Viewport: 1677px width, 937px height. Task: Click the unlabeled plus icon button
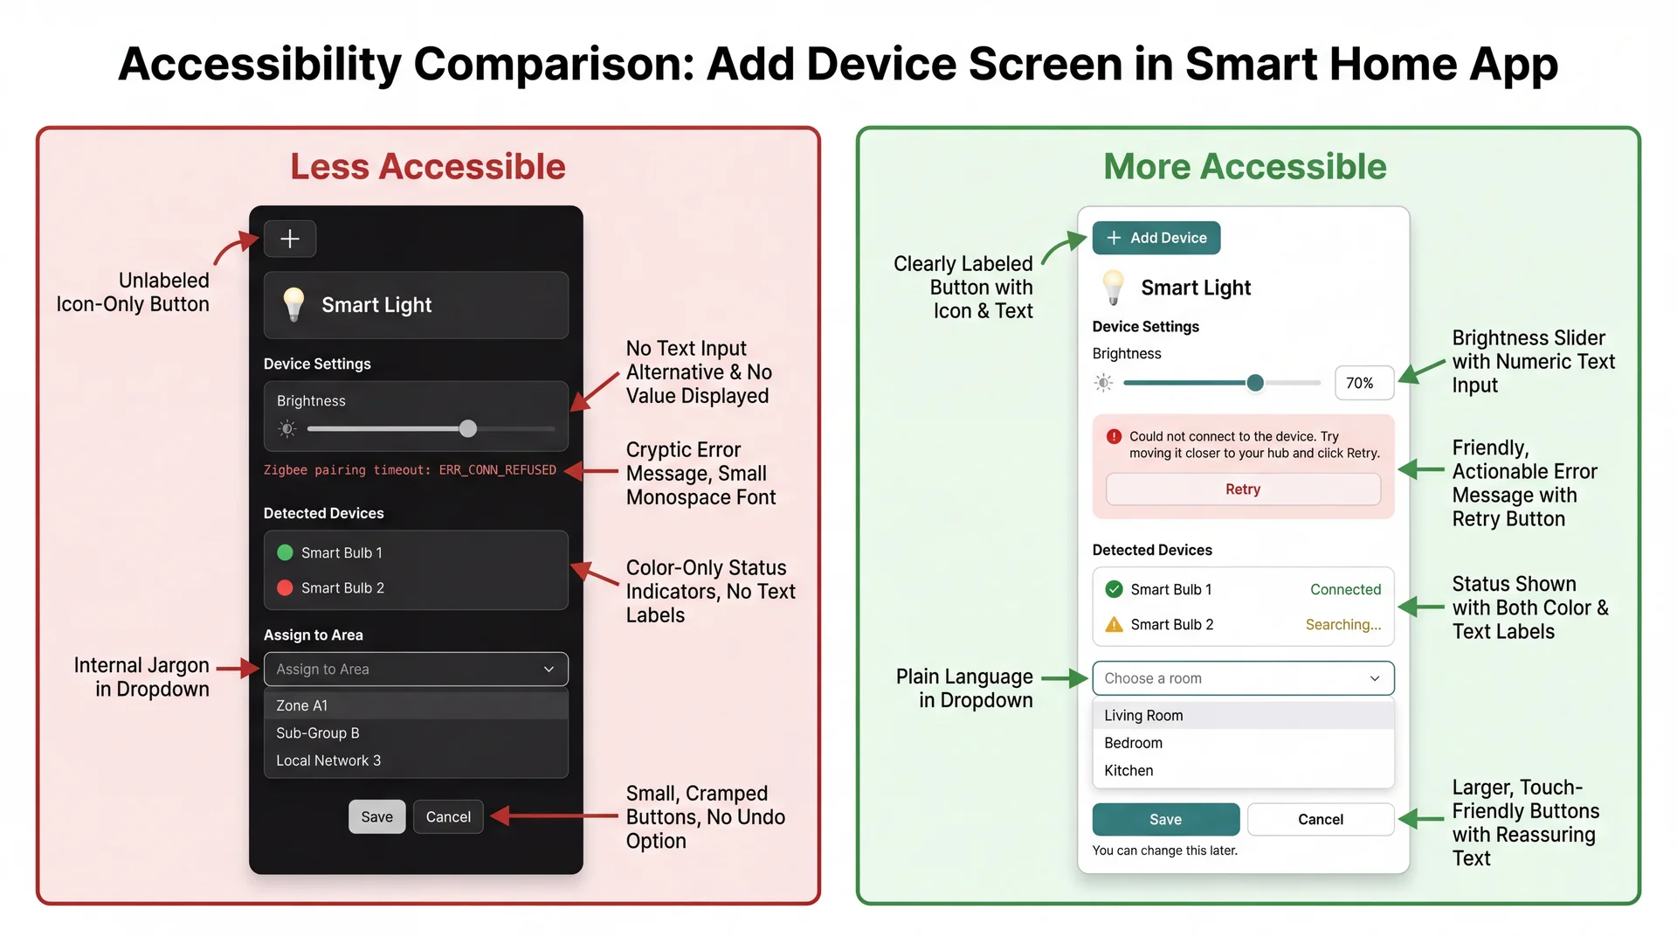point(289,239)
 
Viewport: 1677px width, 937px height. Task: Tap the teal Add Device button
point(1156,238)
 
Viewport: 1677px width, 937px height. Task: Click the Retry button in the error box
point(1243,489)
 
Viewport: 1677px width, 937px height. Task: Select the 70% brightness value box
point(1363,383)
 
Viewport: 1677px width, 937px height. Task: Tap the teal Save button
point(1165,819)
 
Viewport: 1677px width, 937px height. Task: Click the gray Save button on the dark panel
point(377,816)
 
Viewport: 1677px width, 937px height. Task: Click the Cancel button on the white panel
point(1320,819)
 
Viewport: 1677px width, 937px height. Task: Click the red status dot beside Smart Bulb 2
point(285,588)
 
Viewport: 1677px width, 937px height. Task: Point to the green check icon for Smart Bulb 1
point(1114,589)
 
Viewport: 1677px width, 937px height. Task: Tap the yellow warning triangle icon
point(1114,624)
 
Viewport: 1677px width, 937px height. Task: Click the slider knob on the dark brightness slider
point(468,428)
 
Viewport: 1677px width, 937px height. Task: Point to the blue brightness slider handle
point(1255,383)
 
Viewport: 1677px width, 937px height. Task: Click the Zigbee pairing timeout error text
point(410,470)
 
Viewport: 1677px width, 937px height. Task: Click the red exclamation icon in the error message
point(1114,436)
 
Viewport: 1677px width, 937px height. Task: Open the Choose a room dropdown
point(1243,678)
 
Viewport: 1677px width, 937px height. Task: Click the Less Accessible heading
point(428,166)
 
